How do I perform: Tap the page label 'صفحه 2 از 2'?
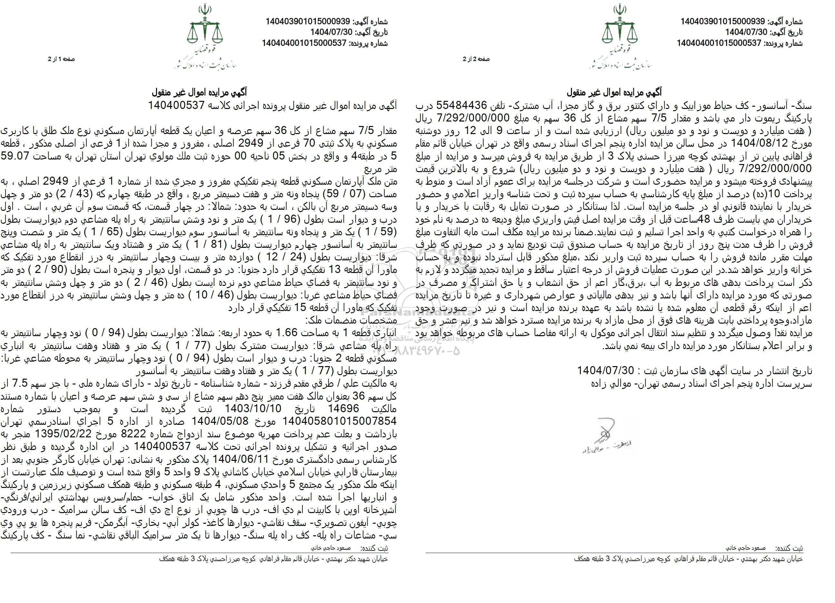(x=476, y=59)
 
